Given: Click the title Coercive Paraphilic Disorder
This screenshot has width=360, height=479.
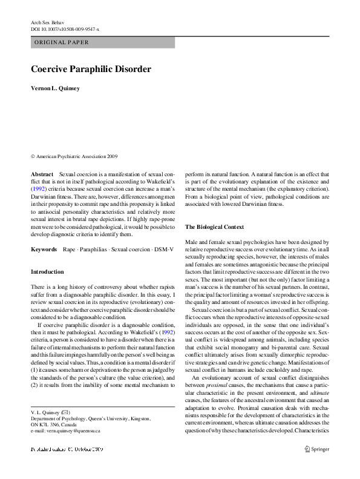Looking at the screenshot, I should point(91,70).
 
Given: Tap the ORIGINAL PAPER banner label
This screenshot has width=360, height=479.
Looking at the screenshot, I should point(62,42).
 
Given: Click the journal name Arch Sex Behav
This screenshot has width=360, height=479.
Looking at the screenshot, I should point(48,22).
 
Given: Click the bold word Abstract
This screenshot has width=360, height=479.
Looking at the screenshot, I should point(42,174).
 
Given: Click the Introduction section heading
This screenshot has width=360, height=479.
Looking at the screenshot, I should point(47,272).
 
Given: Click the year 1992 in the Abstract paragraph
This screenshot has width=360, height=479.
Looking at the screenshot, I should point(39,189).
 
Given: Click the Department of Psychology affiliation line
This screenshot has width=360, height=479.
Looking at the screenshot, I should point(91,418).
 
